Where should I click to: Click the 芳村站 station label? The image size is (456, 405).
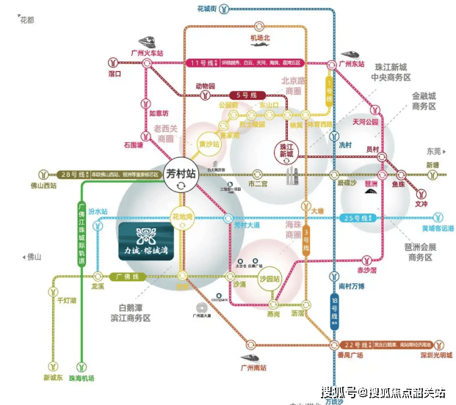coord(181,175)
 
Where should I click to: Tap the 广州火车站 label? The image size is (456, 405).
coord(146,53)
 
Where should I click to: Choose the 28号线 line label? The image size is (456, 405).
coord(71,175)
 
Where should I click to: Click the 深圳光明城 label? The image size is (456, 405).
coord(425,356)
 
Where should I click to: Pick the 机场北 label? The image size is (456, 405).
coord(261,38)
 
